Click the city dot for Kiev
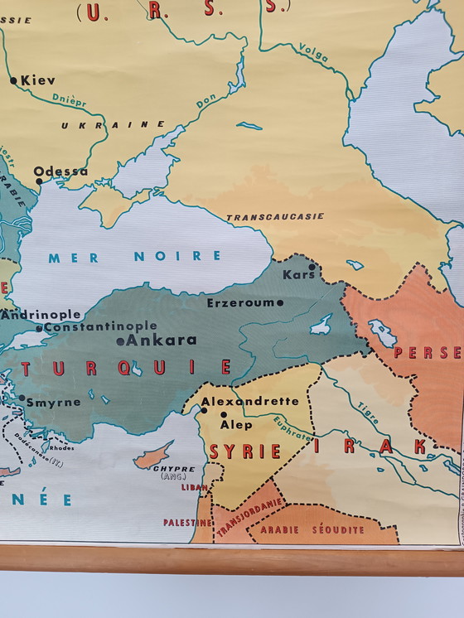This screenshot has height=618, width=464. (x=14, y=81)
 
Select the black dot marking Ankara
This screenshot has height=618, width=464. (x=120, y=340)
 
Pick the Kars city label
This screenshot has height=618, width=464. (x=298, y=274)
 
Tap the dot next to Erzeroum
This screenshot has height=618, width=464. (x=280, y=303)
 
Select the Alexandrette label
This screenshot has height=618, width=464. (x=250, y=401)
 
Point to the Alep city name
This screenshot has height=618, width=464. (x=236, y=424)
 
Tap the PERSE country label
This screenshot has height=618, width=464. (x=428, y=353)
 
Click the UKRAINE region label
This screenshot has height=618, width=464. (x=113, y=124)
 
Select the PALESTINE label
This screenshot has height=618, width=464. (x=185, y=523)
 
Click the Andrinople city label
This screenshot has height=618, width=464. (x=41, y=315)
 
